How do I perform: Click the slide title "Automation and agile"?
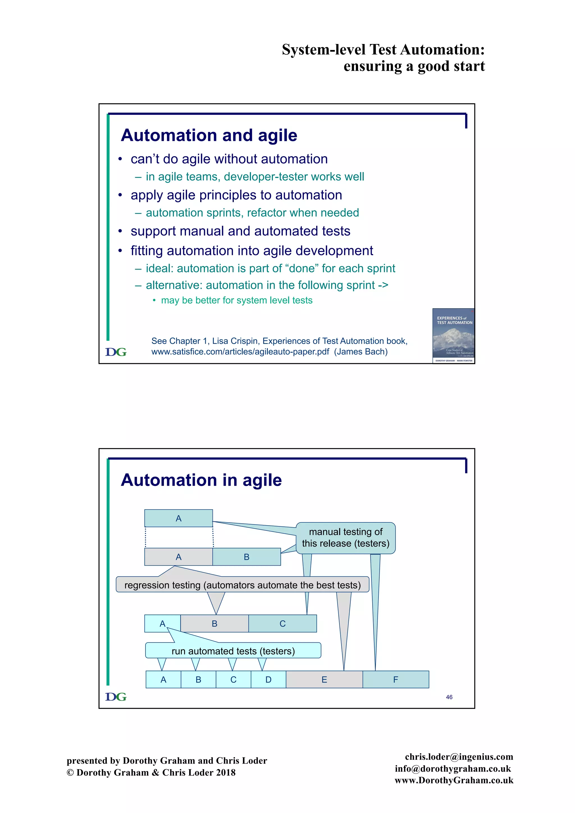click(x=209, y=135)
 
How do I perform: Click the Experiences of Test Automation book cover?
click(x=453, y=336)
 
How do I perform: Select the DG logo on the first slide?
click(x=116, y=352)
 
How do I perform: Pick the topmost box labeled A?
click(x=179, y=519)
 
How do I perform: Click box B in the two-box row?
click(x=247, y=557)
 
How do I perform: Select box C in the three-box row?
click(x=282, y=624)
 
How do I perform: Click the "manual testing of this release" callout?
click(x=346, y=538)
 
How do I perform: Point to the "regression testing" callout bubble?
click(x=243, y=585)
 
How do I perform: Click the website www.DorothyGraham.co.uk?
click(x=454, y=780)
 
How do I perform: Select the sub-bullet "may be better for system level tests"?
click(x=236, y=300)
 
